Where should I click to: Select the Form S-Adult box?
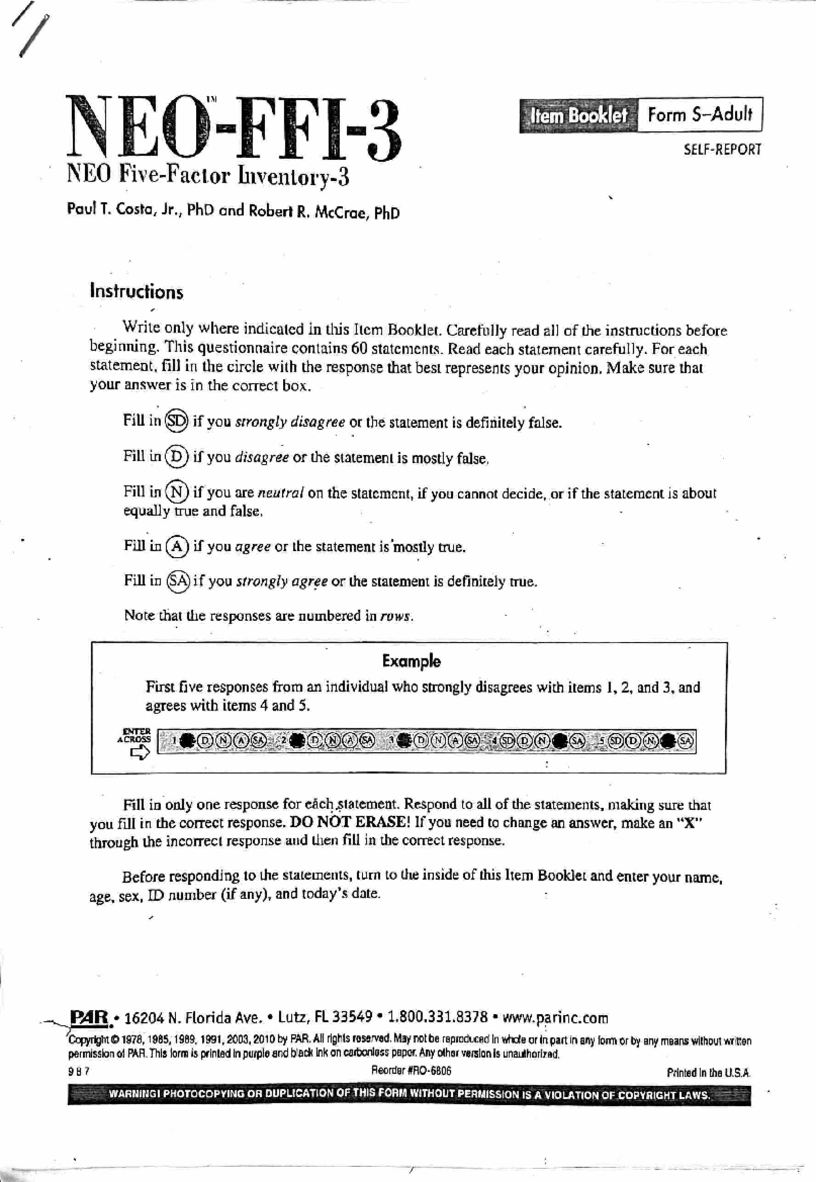700,114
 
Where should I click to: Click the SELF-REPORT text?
722,150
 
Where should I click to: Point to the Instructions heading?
137,292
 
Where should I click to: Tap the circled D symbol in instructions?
176,456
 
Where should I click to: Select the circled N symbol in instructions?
177,491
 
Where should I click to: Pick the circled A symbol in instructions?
177,545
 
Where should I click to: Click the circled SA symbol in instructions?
178,580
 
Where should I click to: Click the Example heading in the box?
411,661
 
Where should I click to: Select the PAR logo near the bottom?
90,1017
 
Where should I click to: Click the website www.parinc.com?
555,1018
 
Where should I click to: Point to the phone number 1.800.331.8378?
437,1017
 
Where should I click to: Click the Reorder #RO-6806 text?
411,1070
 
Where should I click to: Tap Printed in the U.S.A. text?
709,1073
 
